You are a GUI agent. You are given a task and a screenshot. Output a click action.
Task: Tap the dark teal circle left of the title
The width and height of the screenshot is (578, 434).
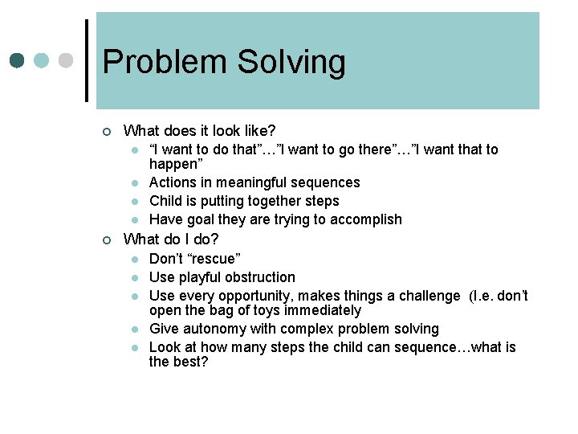point(17,60)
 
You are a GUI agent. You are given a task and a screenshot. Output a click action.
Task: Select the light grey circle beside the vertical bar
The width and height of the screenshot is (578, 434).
point(67,60)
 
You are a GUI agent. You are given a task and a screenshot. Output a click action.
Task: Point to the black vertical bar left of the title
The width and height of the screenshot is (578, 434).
point(87,60)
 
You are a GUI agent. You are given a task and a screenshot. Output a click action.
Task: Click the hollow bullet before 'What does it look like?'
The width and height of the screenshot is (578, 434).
point(106,131)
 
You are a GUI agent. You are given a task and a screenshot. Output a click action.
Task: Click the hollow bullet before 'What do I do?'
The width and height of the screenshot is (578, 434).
point(106,240)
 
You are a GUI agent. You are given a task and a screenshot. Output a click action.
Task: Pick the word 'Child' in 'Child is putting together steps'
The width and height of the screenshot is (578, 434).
point(166,201)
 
